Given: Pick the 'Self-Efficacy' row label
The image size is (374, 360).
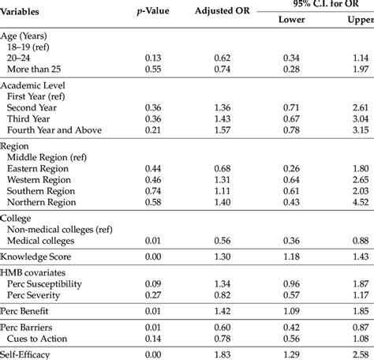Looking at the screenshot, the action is tap(26, 355).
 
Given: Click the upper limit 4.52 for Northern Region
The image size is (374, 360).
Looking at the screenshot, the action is tap(362, 202).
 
